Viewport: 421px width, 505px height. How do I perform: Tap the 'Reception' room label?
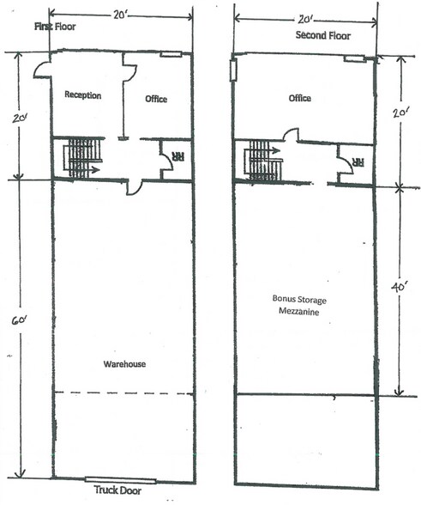(x=83, y=95)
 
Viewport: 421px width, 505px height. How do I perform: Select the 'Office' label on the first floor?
(x=155, y=99)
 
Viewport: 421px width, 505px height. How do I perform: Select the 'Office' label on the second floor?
(x=299, y=99)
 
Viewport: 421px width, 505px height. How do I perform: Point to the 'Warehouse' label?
(x=125, y=364)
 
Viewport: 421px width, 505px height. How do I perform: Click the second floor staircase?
(x=263, y=161)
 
